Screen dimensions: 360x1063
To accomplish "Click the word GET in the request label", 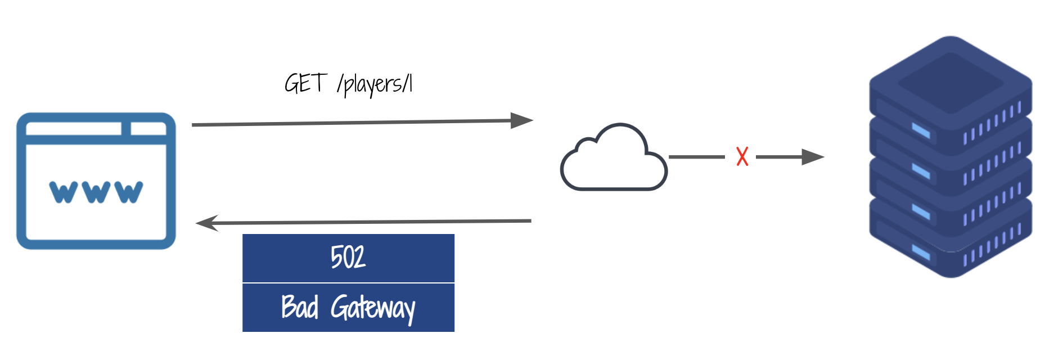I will (x=305, y=84).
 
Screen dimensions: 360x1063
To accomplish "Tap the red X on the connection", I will (x=742, y=156).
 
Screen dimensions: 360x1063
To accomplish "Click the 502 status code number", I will (x=348, y=258).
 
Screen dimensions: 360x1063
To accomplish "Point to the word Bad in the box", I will (x=300, y=307).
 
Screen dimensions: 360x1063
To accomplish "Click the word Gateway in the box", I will (x=373, y=308).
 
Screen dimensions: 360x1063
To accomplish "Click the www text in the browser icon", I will (x=96, y=192).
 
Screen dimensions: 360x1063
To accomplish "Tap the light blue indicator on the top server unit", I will (x=920, y=131).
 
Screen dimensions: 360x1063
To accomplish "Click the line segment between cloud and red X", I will (x=696, y=157).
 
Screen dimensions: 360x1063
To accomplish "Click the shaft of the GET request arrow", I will (x=349, y=123).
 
